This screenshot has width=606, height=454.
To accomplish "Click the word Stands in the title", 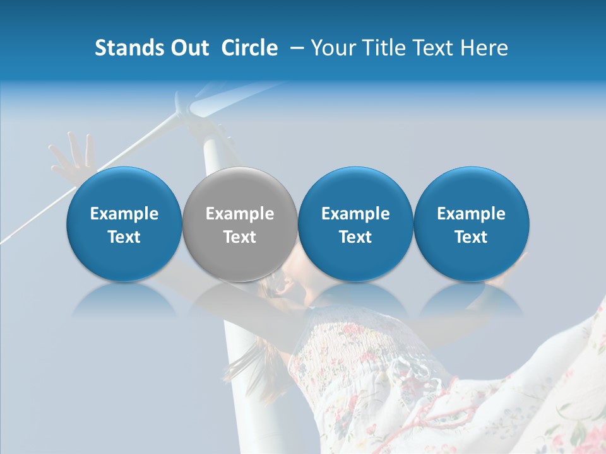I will (123, 48).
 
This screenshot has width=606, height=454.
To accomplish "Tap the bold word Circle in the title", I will (249, 48).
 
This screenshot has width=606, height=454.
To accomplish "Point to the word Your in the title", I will (333, 48).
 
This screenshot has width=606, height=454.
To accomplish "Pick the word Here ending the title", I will (484, 48).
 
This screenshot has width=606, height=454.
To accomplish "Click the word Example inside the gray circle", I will (240, 214).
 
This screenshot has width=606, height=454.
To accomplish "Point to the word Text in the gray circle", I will (240, 237).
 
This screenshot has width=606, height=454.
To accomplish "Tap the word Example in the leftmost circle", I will (124, 214).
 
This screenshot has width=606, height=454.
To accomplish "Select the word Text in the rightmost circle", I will (471, 237).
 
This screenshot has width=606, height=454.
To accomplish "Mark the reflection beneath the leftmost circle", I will (124, 301).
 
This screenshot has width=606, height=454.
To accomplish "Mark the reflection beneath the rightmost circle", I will (471, 301).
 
